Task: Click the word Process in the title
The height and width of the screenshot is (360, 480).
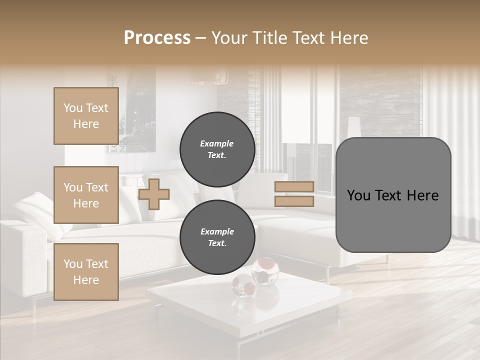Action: click(x=157, y=38)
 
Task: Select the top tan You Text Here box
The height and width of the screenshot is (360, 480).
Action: click(x=86, y=116)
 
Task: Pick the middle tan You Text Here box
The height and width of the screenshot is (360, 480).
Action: click(x=86, y=195)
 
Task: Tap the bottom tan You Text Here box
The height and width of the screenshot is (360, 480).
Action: click(x=86, y=271)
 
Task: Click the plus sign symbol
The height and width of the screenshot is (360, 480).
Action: click(x=153, y=194)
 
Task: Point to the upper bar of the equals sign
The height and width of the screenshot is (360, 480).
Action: click(x=294, y=186)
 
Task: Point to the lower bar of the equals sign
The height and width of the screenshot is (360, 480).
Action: click(x=294, y=201)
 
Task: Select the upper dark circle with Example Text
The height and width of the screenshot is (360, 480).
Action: click(x=217, y=149)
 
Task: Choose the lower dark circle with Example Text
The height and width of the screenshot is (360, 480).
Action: click(x=217, y=237)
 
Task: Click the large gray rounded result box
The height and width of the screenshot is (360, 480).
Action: click(x=393, y=195)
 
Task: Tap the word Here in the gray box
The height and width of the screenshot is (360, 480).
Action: click(x=422, y=195)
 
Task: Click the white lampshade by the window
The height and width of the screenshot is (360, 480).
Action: click(x=354, y=126)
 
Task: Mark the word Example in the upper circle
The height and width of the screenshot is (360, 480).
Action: click(x=217, y=143)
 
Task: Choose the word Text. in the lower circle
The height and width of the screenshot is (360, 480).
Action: click(x=217, y=243)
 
